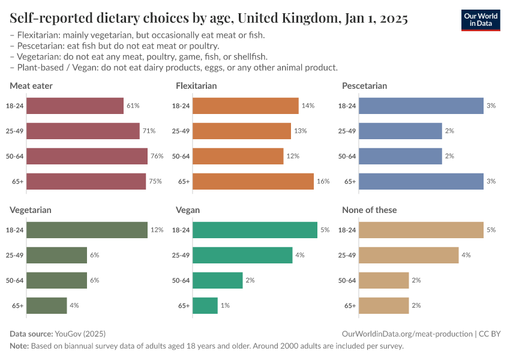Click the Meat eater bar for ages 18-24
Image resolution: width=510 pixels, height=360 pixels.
pyautogui.click(x=75, y=106)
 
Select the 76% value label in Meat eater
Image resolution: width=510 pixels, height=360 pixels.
pyautogui.click(x=157, y=156)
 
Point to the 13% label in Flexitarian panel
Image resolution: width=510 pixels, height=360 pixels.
pyautogui.click(x=300, y=131)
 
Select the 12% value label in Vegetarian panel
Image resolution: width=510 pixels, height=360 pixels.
pyautogui.click(x=157, y=230)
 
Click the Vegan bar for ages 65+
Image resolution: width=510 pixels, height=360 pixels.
pyautogui.click(x=205, y=305)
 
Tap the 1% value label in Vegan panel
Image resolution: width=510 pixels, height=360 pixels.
pyautogui.click(x=224, y=305)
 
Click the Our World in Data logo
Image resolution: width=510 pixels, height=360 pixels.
pyautogui.click(x=481, y=19)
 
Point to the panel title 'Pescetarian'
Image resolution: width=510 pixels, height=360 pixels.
pyautogui.click(x=364, y=86)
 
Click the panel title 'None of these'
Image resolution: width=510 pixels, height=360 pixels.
pyautogui.click(x=369, y=210)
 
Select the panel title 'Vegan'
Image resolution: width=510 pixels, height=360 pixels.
pyautogui.click(x=188, y=210)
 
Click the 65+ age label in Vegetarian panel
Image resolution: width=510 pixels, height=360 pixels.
pyautogui.click(x=18, y=305)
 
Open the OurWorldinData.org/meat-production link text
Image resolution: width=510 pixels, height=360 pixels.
pyautogui.click(x=407, y=334)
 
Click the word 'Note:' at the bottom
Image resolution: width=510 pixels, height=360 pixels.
pyautogui.click(x=19, y=346)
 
